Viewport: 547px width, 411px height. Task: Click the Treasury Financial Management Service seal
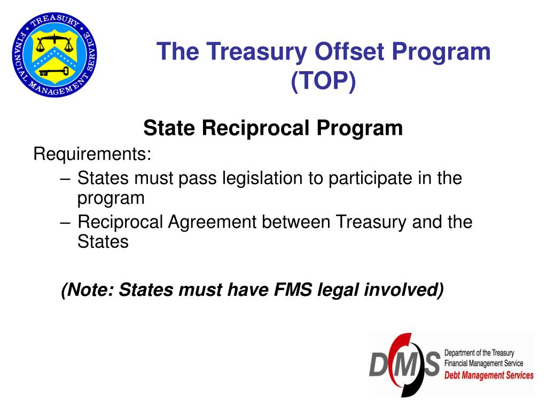click(x=55, y=55)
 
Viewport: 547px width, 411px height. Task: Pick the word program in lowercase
click(x=111, y=198)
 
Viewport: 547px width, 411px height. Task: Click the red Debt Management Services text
click(x=489, y=375)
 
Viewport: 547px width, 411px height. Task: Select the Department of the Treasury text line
click(x=479, y=353)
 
